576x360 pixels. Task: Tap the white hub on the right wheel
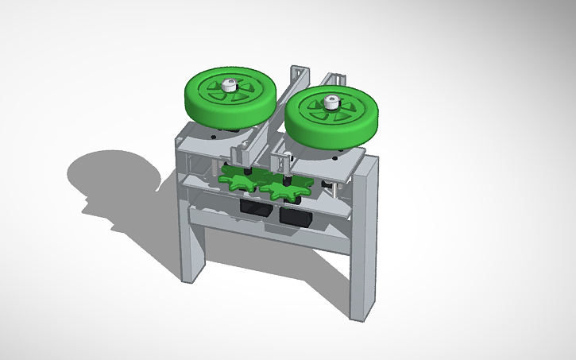[331, 101]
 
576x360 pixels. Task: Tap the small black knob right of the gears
[326, 186]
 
